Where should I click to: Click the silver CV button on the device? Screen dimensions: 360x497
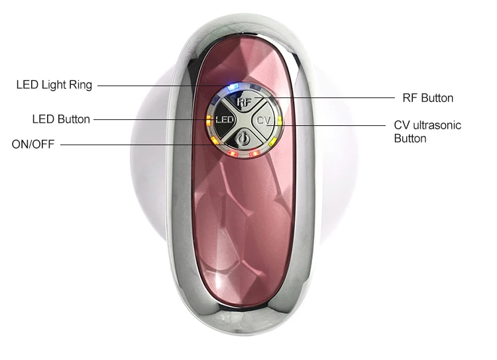point(264,120)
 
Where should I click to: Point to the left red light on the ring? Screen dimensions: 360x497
point(230,154)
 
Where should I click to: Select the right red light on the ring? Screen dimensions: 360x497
point(256,154)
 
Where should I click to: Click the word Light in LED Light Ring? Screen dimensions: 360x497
point(55,85)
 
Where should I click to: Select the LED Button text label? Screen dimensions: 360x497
point(61,119)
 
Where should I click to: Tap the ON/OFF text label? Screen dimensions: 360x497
point(33,144)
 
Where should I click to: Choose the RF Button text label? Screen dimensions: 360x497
point(428,98)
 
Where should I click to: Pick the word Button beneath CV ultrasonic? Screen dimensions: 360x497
point(410,139)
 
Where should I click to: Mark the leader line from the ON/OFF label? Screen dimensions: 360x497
point(133,144)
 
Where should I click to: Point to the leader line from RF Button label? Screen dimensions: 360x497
point(331,98)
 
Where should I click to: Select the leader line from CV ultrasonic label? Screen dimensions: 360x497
point(331,125)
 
